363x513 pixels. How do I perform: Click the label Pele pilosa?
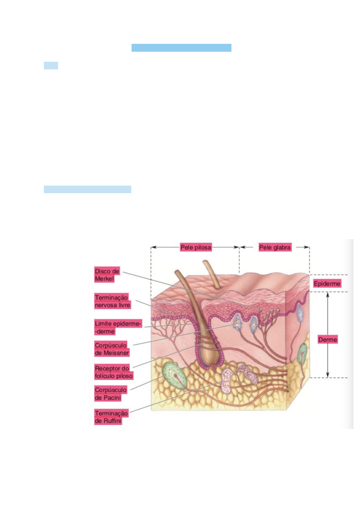[196, 247]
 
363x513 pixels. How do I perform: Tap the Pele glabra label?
[275, 247]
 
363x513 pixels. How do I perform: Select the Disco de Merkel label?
[107, 275]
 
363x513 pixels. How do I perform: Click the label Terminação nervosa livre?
[112, 301]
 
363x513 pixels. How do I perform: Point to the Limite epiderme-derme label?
[118, 327]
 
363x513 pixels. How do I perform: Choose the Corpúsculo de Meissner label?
[111, 349]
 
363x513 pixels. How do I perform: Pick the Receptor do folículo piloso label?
[113, 372]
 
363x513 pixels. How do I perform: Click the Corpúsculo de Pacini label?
[110, 394]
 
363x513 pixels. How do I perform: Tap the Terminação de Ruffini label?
[111, 417]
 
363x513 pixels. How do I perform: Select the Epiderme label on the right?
[327, 284]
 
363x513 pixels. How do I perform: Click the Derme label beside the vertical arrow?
[327, 340]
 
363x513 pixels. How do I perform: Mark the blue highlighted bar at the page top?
[181, 48]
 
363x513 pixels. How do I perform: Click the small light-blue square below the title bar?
[51, 66]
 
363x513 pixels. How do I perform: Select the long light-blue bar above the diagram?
[87, 189]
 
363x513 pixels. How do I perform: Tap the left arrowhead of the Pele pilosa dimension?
[153, 247]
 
